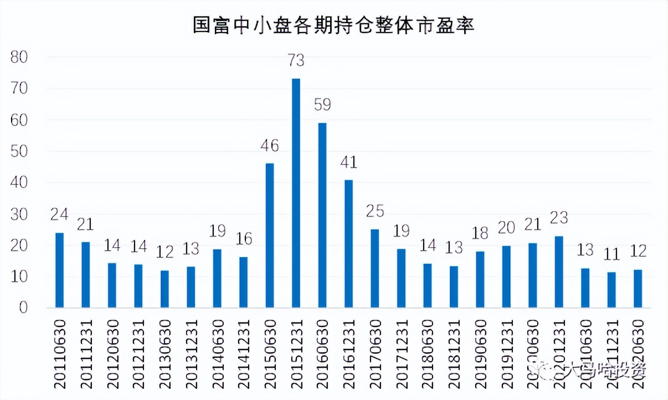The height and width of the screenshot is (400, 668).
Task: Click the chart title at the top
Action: (x=333, y=25)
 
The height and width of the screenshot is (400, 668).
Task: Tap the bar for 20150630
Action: (x=270, y=235)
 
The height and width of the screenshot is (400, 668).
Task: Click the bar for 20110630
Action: (x=59, y=270)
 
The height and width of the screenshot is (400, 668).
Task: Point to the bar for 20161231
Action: (x=348, y=244)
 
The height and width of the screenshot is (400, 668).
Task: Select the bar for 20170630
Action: (x=375, y=269)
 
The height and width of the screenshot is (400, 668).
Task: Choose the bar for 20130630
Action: (x=165, y=289)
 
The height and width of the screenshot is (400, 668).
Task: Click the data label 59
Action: (x=322, y=105)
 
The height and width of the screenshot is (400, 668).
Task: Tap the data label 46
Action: (x=270, y=146)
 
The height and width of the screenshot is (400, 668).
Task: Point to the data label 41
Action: (x=348, y=162)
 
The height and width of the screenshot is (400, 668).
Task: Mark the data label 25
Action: (x=375, y=212)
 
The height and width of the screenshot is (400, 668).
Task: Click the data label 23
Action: (x=559, y=218)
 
